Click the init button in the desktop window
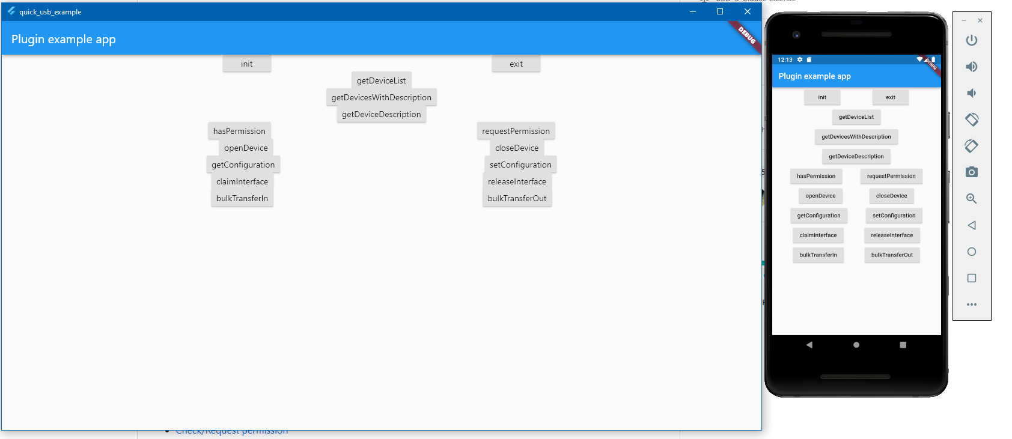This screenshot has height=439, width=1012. pyautogui.click(x=246, y=64)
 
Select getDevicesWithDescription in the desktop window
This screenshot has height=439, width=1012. pyautogui.click(x=381, y=97)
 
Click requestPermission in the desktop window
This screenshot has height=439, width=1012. pyautogui.click(x=516, y=131)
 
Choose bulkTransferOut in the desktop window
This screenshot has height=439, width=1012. pyautogui.click(x=517, y=198)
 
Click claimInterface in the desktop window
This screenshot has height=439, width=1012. pyautogui.click(x=242, y=181)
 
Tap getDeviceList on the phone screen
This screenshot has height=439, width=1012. pyautogui.click(x=856, y=117)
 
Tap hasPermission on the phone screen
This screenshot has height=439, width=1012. pyautogui.click(x=815, y=176)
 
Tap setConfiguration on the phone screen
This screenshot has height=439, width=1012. pyautogui.click(x=894, y=216)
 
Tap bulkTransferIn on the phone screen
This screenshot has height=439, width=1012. pyautogui.click(x=818, y=255)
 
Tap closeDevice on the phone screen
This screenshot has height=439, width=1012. pyautogui.click(x=891, y=196)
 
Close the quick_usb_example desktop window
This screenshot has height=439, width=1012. pyautogui.click(x=747, y=11)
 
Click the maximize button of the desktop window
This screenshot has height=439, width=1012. pyautogui.click(x=719, y=11)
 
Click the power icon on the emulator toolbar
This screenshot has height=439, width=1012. pyautogui.click(x=971, y=40)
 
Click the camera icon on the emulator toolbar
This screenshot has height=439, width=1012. pyautogui.click(x=971, y=172)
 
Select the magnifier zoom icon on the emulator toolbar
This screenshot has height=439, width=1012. pyautogui.click(x=971, y=199)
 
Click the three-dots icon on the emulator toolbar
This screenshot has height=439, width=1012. pyautogui.click(x=971, y=304)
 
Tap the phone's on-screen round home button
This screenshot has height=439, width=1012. pyautogui.click(x=856, y=345)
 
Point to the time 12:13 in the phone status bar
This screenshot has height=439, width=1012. pyautogui.click(x=785, y=59)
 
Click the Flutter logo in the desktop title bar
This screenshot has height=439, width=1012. pyautogui.click(x=11, y=11)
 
